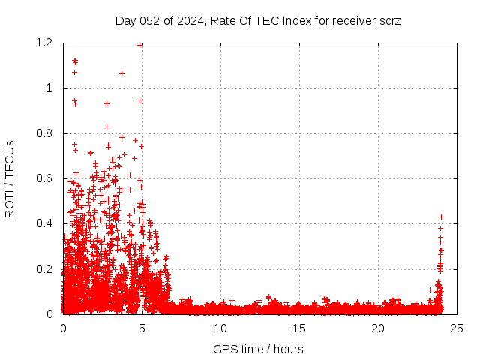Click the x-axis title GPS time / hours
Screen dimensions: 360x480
pos(258,349)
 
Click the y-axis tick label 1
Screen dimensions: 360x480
pos(49,88)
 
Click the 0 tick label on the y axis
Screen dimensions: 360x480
pos(49,314)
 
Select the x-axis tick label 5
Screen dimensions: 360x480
pos(142,328)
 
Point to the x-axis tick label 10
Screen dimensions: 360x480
pos(220,328)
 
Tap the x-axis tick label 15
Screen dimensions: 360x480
pos(299,328)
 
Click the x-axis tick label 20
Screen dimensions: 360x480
pos(378,328)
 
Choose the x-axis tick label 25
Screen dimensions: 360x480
pos(457,328)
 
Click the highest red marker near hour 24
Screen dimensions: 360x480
pos(441,217)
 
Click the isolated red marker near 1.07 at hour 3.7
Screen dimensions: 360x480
pos(121,73)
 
